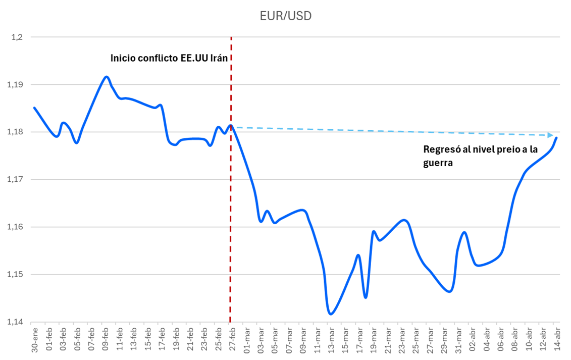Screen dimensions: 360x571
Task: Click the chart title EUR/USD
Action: (285, 16)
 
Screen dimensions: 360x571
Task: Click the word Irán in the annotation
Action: (218, 58)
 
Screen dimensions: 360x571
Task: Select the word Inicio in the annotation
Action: (123, 58)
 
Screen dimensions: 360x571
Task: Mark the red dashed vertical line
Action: (231, 202)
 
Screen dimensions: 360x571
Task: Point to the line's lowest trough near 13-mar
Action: (331, 314)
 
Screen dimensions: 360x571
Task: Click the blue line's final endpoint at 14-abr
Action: (556, 137)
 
